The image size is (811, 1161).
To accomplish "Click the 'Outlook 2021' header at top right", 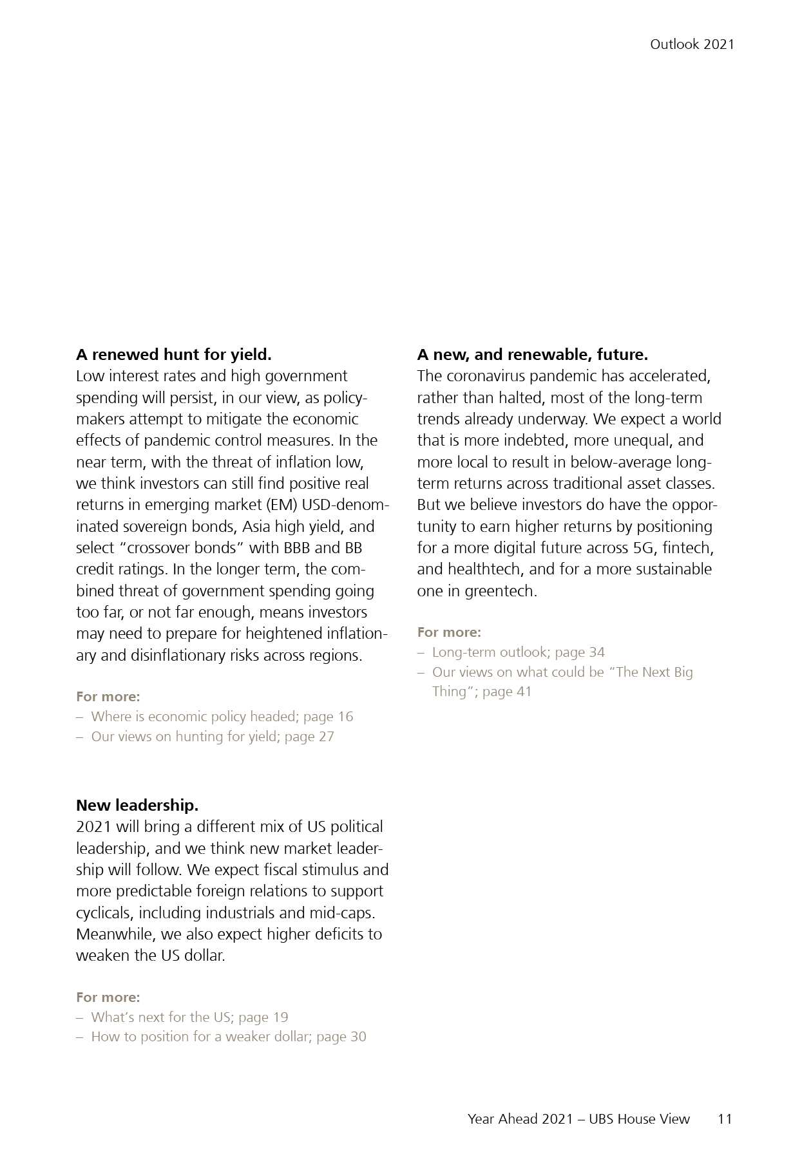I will [691, 44].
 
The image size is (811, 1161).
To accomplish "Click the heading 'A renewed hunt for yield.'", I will [173, 355].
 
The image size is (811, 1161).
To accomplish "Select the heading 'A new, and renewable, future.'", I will [532, 355].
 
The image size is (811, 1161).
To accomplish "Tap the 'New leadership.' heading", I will [137, 806].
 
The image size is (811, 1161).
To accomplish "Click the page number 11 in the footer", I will [725, 1119].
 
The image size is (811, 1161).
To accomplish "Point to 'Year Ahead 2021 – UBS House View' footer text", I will [578, 1119].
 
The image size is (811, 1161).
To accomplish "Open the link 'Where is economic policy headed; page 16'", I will [222, 717].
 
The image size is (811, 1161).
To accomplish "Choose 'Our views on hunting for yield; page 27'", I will [213, 737].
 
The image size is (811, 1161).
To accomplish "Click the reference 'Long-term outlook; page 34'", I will [518, 652].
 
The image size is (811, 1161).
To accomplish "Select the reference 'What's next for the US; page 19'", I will [189, 1017].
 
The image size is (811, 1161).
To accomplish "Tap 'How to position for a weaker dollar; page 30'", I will [228, 1037].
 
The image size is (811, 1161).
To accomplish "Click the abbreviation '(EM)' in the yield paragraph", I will [281, 505].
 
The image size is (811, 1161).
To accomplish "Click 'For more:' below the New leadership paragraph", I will [108, 997].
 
